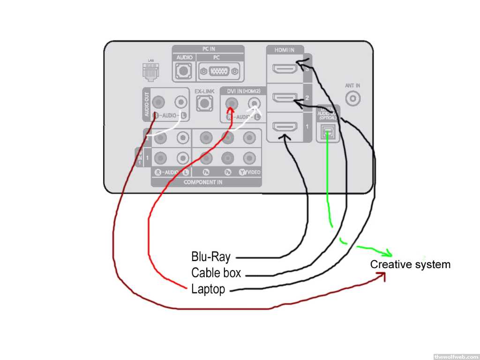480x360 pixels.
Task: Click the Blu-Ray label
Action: (210, 257)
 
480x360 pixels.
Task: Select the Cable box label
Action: (216, 273)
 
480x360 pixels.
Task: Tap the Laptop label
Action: (208, 289)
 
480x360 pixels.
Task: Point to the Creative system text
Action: (410, 264)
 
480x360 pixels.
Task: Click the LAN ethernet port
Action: (150, 71)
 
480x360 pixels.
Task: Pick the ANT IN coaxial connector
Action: (352, 98)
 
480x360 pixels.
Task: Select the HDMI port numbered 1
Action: (285, 128)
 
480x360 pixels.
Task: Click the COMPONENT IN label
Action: (203, 182)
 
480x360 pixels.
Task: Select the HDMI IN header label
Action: (285, 49)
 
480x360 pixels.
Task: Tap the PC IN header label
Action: (208, 49)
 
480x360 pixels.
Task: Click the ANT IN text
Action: (352, 86)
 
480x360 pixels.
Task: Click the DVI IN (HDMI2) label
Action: (243, 90)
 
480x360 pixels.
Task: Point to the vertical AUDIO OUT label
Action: (146, 104)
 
